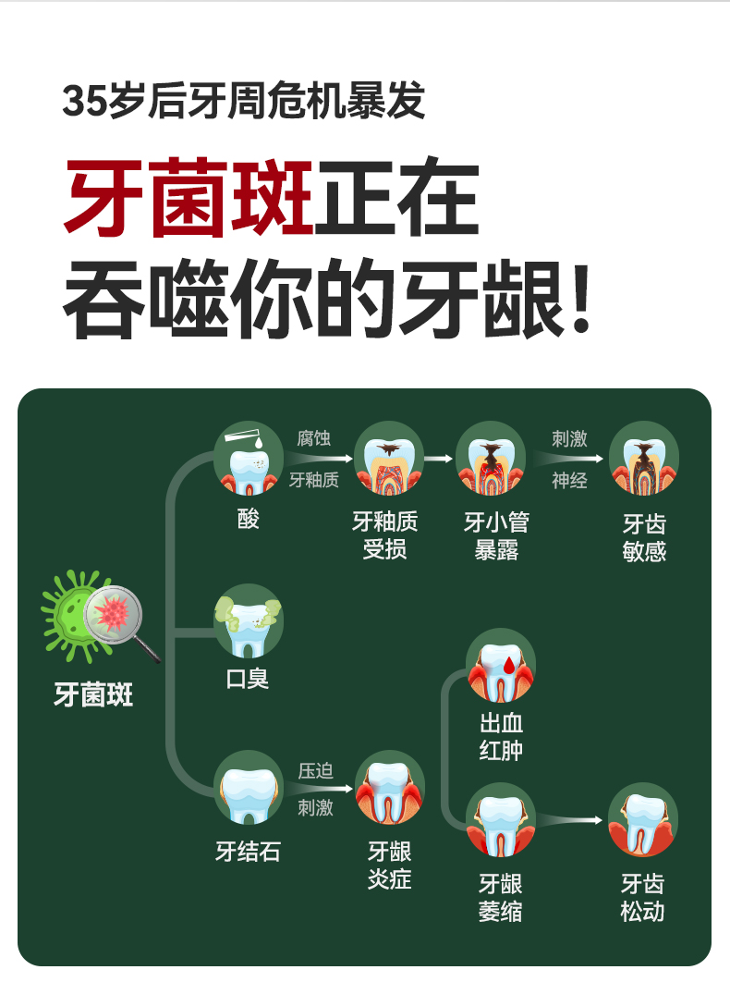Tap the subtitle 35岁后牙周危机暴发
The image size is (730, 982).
pyautogui.click(x=244, y=101)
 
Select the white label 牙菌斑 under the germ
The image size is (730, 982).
pyautogui.click(x=93, y=694)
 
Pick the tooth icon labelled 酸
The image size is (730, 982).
pyautogui.click(x=249, y=458)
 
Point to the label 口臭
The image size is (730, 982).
pyautogui.click(x=248, y=679)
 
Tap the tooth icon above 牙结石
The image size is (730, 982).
pyautogui.click(x=248, y=789)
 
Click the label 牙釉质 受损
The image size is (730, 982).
pyautogui.click(x=385, y=535)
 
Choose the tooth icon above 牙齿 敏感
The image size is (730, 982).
pyautogui.click(x=644, y=458)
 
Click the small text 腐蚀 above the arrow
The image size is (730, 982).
pyautogui.click(x=313, y=437)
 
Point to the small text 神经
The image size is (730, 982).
pyautogui.click(x=569, y=481)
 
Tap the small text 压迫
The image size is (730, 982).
pyautogui.click(x=315, y=771)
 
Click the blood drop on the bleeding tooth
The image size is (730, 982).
pyautogui.click(x=509, y=662)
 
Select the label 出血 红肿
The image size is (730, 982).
pyautogui.click(x=501, y=737)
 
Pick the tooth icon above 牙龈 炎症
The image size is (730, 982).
pyautogui.click(x=389, y=788)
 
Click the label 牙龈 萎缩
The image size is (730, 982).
pyautogui.click(x=501, y=898)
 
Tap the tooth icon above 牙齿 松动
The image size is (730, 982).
pyautogui.click(x=644, y=819)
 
